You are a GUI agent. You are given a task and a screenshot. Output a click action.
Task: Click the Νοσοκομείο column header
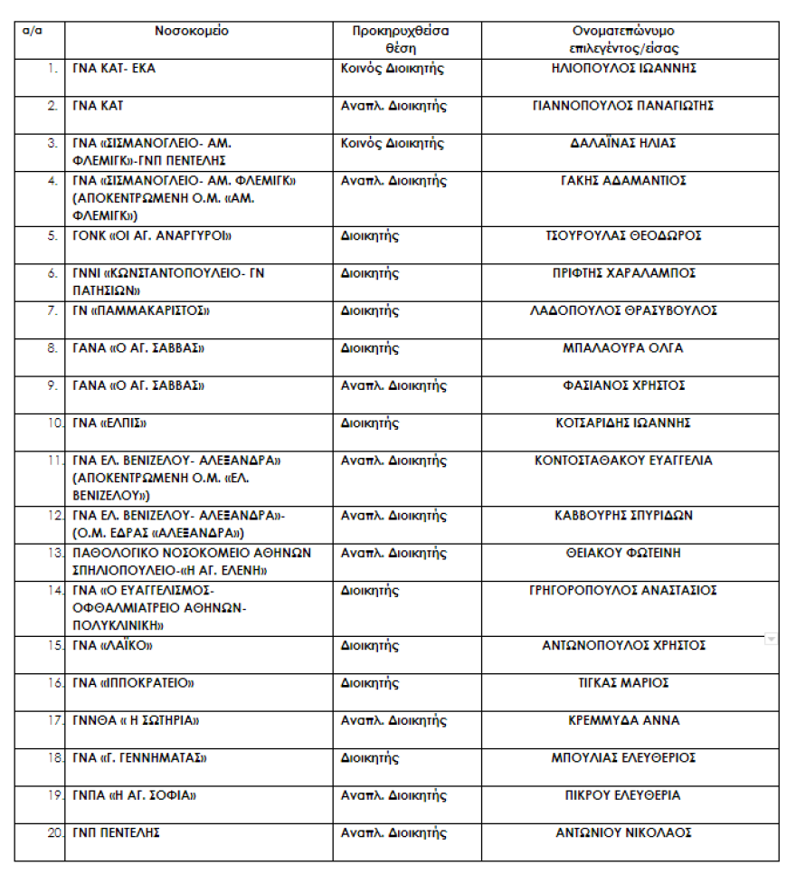click(x=192, y=31)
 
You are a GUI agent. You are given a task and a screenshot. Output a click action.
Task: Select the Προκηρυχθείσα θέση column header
click(x=401, y=39)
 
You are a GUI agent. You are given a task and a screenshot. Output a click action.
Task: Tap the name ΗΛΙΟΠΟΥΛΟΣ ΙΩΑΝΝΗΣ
click(x=623, y=68)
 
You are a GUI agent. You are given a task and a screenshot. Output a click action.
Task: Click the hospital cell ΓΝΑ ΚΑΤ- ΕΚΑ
click(x=114, y=69)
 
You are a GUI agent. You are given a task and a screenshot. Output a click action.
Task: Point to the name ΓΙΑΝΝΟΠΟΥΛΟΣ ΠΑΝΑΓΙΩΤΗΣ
click(x=623, y=106)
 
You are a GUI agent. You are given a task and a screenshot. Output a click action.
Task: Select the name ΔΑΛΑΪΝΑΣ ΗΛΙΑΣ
click(x=623, y=143)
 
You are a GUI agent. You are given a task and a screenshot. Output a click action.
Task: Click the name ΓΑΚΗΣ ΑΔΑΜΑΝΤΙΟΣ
click(x=623, y=181)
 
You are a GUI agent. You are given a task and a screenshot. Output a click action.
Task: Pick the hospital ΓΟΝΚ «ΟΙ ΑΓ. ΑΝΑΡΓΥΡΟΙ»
click(x=152, y=236)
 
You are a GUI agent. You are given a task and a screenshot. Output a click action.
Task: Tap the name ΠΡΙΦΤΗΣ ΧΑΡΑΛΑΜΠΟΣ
click(x=623, y=273)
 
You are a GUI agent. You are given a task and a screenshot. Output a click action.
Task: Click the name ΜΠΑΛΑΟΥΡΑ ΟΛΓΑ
click(x=623, y=348)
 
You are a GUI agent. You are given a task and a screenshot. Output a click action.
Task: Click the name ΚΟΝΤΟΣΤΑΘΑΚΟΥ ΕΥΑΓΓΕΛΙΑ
click(x=623, y=461)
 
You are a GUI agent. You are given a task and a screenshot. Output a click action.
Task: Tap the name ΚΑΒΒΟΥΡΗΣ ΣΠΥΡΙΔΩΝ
click(x=623, y=516)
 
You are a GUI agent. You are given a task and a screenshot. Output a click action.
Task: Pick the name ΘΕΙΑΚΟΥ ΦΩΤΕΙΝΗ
click(x=623, y=553)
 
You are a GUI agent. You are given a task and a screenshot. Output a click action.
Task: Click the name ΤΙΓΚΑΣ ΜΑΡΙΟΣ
click(x=623, y=683)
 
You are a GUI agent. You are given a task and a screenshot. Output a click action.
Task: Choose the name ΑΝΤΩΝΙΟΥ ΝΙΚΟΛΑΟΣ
click(x=623, y=832)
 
